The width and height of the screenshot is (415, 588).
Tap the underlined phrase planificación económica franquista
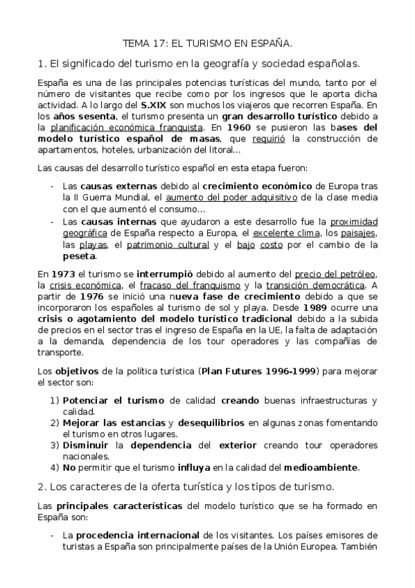[127, 128]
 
